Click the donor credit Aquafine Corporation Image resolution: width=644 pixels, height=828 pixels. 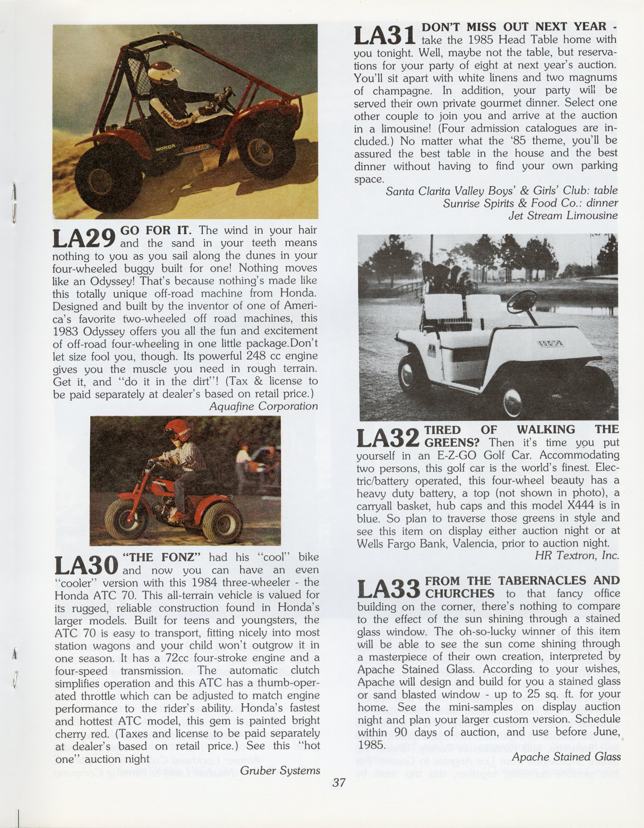[263, 406]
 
